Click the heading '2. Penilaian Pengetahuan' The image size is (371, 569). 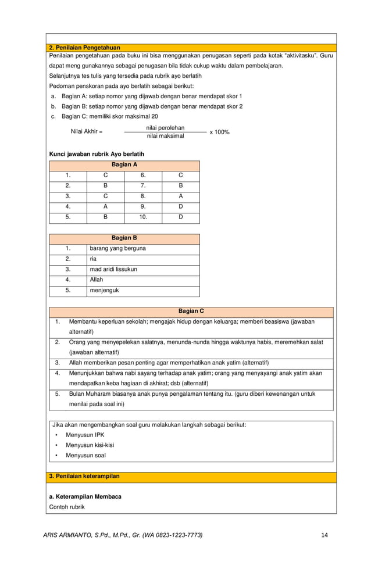pyautogui.click(x=84, y=47)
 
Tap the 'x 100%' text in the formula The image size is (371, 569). pyautogui.click(x=219, y=132)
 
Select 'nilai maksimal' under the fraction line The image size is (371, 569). pyautogui.click(x=165, y=136)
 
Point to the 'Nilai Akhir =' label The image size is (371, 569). pyautogui.click(x=86, y=132)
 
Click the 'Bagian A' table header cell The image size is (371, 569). pyautogui.click(x=124, y=164)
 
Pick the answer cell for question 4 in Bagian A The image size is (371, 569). pyautogui.click(x=105, y=206)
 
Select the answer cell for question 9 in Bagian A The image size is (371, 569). pyautogui.click(x=180, y=206)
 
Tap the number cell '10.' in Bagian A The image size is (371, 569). pyautogui.click(x=143, y=217)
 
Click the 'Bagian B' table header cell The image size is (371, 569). pyautogui.click(x=124, y=238)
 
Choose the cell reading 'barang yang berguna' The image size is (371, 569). pyautogui.click(x=117, y=249)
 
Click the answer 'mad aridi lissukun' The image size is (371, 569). pyautogui.click(x=113, y=270)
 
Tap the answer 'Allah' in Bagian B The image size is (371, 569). pyautogui.click(x=97, y=280)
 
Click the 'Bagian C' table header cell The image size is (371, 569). pyautogui.click(x=191, y=312)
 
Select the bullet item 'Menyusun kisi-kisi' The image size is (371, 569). pyautogui.click(x=90, y=445)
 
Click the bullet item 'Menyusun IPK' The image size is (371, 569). pyautogui.click(x=85, y=435)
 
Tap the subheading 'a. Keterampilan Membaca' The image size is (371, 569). pyautogui.click(x=85, y=497)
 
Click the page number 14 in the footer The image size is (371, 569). pyautogui.click(x=324, y=535)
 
